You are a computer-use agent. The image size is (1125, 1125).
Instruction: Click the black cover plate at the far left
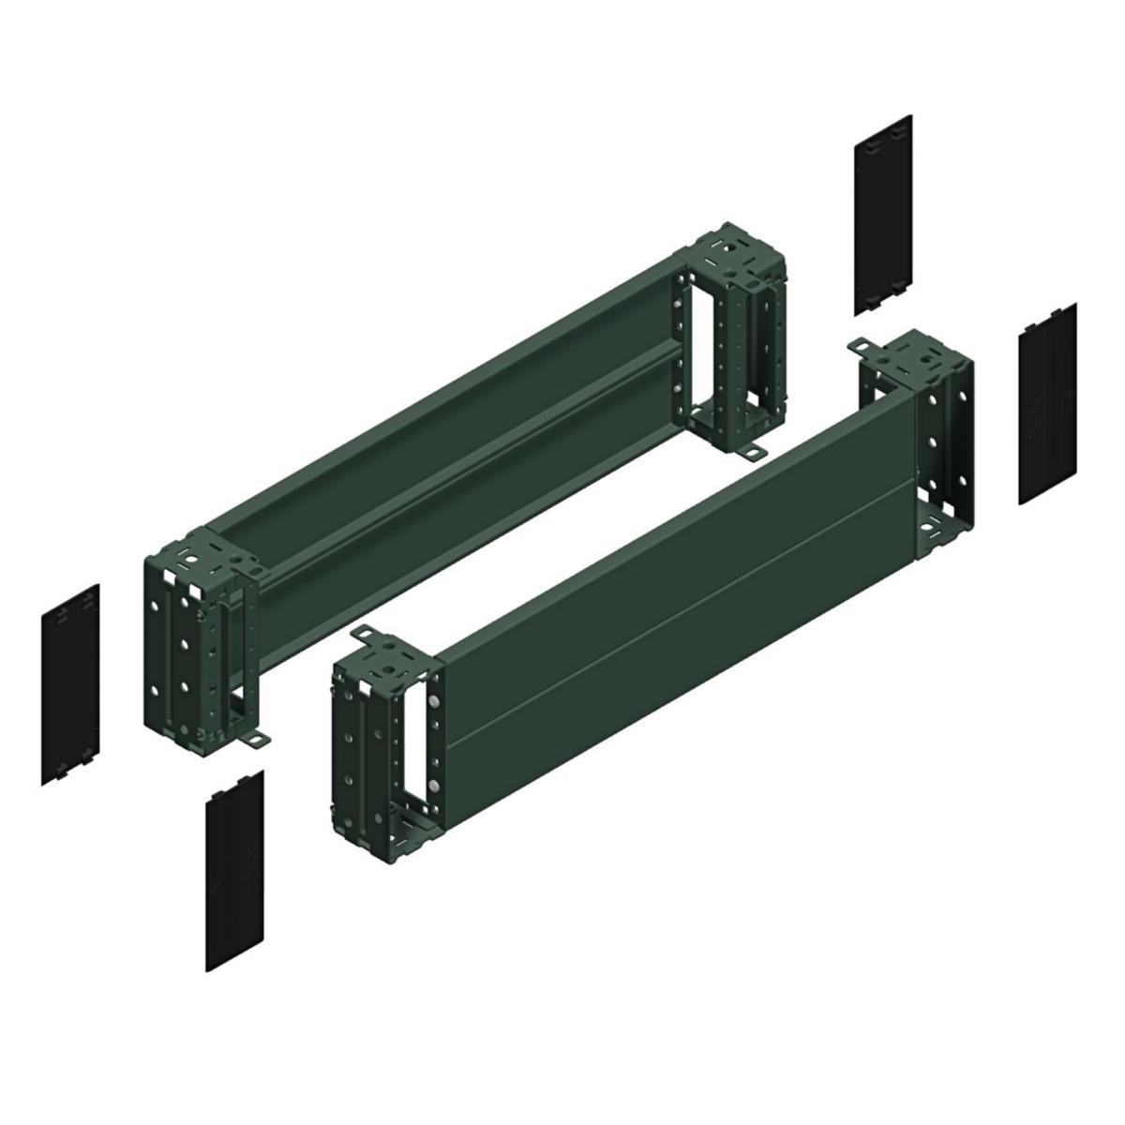click(70, 684)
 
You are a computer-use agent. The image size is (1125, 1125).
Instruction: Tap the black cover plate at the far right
click(1047, 404)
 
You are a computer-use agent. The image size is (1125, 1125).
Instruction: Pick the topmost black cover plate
click(883, 215)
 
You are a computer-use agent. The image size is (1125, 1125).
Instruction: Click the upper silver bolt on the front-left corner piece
click(434, 701)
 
